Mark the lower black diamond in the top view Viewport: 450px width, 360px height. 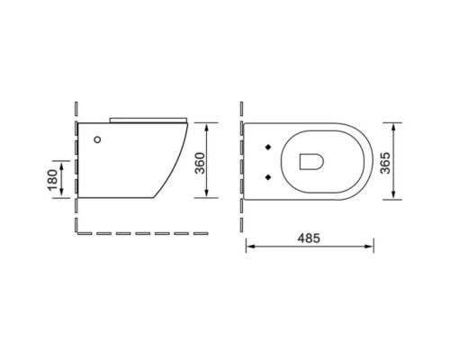pyautogui.click(x=270, y=175)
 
